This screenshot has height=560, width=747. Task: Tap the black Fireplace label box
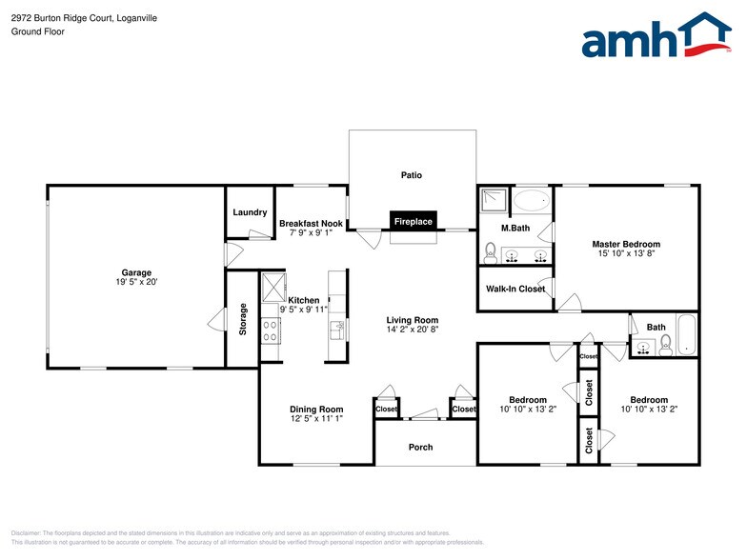[x=413, y=221]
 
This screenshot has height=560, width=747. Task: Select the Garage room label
[x=136, y=272]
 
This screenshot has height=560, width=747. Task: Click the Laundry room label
[x=249, y=212]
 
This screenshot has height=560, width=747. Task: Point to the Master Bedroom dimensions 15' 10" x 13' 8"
[x=626, y=253]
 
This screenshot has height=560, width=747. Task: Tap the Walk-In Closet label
[x=515, y=289]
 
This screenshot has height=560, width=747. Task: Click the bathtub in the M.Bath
[x=532, y=201]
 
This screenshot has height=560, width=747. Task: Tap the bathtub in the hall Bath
[x=686, y=338]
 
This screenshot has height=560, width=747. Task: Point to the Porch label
[x=420, y=447]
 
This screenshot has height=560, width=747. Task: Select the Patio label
[x=411, y=175]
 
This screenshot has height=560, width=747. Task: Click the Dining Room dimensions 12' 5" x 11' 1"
[x=316, y=419]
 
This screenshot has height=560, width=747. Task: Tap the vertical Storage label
[x=243, y=318]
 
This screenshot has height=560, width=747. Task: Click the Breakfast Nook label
[x=311, y=224]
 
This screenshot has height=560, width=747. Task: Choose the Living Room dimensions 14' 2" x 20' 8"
[x=412, y=330]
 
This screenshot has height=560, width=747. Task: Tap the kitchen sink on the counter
[x=336, y=329]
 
